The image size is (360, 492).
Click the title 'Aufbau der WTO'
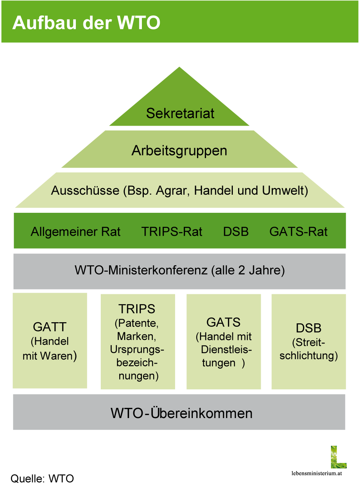coord(86,23)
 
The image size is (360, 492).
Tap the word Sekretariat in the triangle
coord(180,113)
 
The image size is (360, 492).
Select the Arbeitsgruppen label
coord(179,152)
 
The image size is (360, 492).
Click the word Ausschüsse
coord(85,191)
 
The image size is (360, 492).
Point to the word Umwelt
coord(285,191)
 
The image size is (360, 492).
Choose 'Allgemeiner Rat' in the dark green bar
coord(75,232)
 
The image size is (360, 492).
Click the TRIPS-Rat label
coord(172,232)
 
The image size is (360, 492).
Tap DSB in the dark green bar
coord(236,232)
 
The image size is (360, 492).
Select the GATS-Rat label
coord(298,232)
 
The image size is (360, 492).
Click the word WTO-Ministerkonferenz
coord(141,270)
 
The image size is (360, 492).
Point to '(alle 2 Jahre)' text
coord(248,271)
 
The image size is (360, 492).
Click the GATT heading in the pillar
coord(50,327)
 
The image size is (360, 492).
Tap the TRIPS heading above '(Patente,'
coord(137,309)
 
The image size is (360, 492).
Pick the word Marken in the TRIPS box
coord(136,336)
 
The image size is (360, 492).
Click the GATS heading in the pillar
coord(223,323)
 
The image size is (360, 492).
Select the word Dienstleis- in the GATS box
coord(226,350)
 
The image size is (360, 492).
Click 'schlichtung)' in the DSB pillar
coord(309,355)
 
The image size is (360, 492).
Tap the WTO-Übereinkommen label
coord(182,413)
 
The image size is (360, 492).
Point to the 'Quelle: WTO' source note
coord(42,478)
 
